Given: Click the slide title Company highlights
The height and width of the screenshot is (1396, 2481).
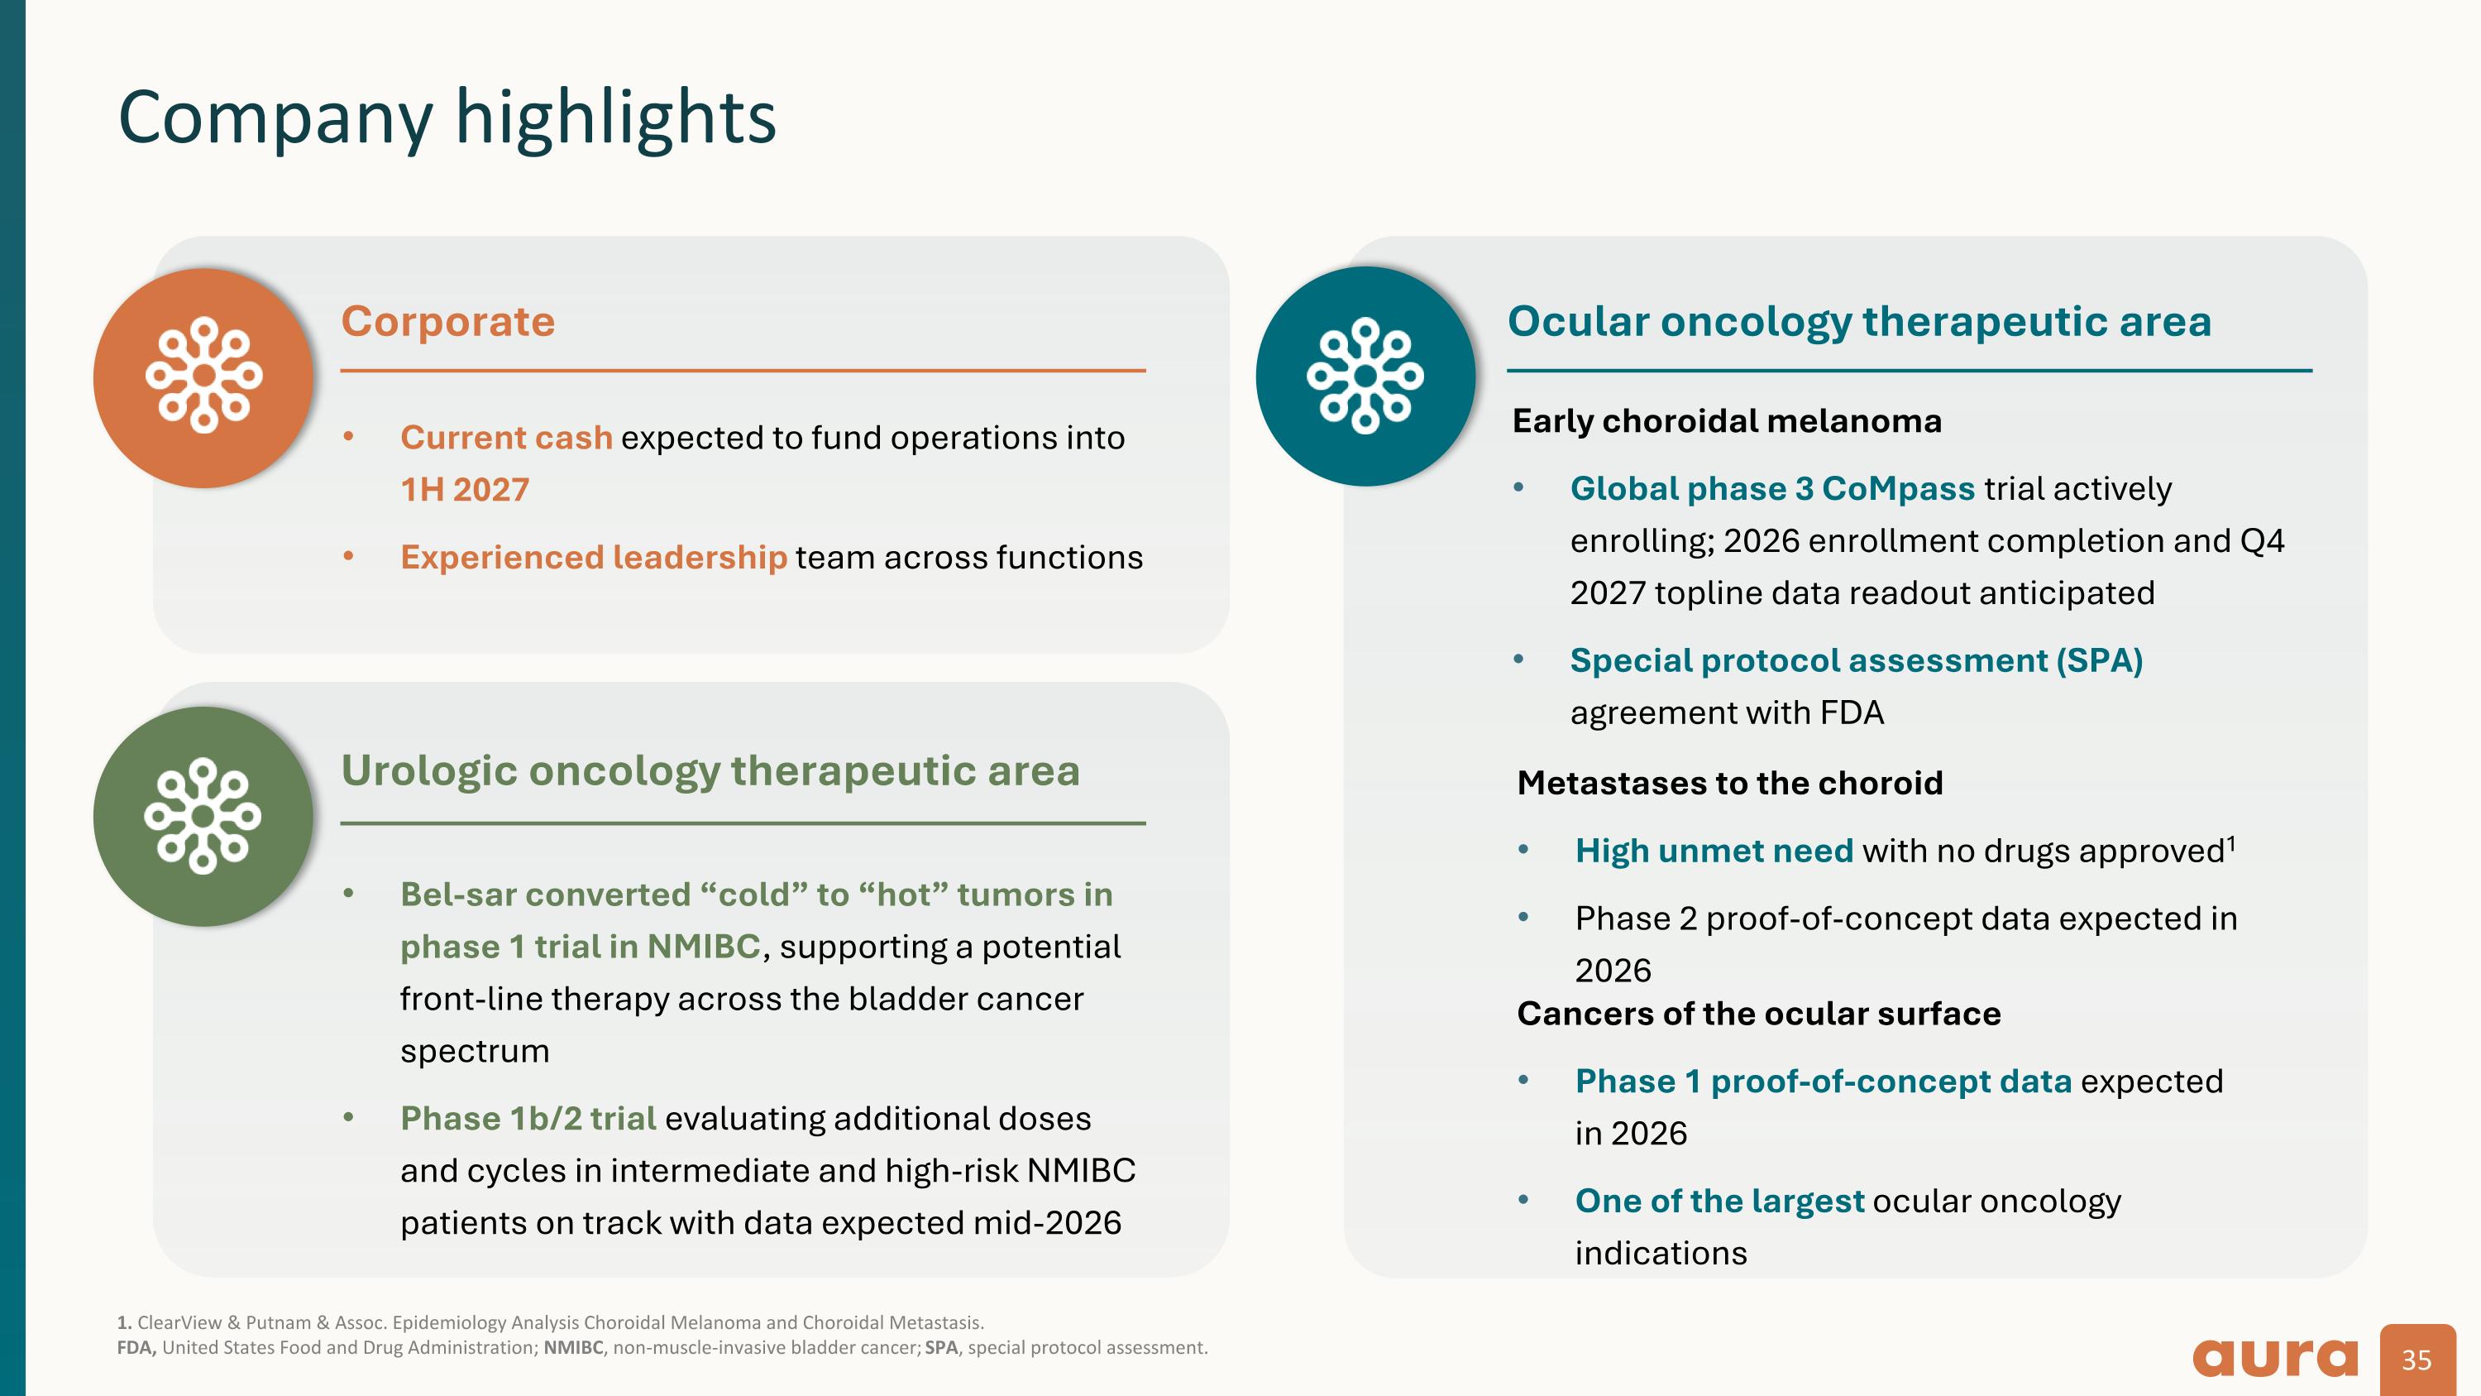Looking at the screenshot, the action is point(447,118).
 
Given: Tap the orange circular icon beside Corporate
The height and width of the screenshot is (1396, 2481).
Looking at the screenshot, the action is point(203,377).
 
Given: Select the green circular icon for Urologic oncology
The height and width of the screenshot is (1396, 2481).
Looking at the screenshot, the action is point(203,816).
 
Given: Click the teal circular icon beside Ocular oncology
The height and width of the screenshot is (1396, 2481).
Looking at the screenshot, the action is point(1365,376).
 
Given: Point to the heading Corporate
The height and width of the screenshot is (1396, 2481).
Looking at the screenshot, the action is point(448,321).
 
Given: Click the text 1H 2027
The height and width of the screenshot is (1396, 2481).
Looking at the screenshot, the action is point(464,489).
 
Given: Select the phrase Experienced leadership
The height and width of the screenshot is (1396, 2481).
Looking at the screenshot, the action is point(593,557).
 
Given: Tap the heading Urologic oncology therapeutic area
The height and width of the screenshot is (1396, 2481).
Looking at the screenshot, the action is point(710,770).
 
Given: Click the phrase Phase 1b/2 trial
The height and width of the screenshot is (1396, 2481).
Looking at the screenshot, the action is point(528,1119).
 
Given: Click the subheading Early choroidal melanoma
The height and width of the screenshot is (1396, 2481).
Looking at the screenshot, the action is point(1726,421).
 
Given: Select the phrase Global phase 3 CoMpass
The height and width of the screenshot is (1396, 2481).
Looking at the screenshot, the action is point(1771,488).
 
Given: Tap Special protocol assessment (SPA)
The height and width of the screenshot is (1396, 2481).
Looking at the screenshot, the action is point(1855,660).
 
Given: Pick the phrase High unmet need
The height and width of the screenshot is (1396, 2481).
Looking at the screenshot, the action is point(1714,851).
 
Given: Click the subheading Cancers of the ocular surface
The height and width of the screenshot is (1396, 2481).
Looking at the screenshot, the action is point(1757,1014).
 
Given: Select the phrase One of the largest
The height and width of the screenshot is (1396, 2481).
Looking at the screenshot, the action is point(1719,1201).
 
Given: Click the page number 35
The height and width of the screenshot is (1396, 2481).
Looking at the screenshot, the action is point(2416,1360).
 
